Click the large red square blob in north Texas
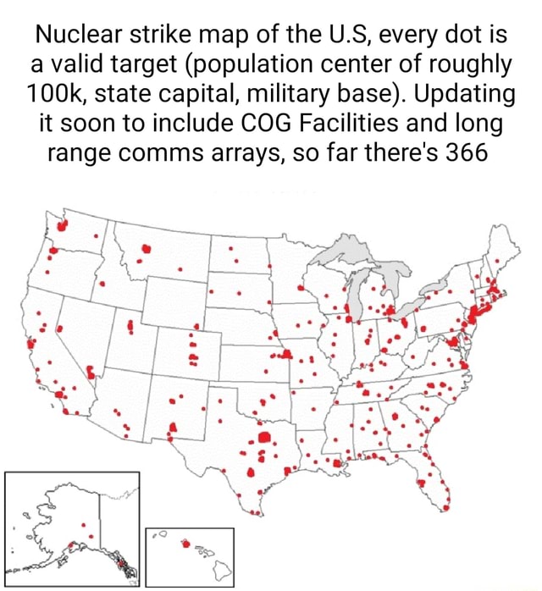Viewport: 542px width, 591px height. coord(263,438)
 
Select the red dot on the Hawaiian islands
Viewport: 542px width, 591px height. coord(186,544)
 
